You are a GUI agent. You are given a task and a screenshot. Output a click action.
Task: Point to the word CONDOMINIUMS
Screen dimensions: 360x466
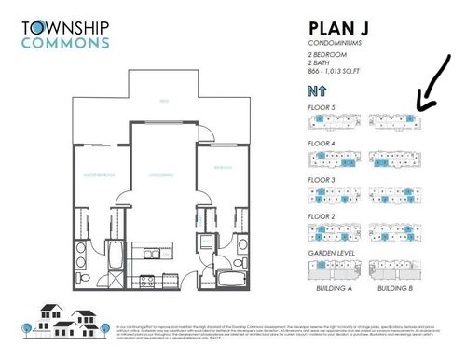pyautogui.click(x=335, y=44)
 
